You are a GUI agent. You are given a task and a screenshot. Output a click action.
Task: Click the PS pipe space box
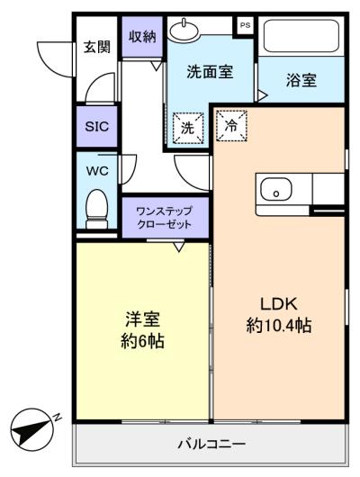245,25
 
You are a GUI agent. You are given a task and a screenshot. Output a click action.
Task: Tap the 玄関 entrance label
97,47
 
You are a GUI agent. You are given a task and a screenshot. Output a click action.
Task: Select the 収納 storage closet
142,37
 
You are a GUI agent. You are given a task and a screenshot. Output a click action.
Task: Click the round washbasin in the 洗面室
184,31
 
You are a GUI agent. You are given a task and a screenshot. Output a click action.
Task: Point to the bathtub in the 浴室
301,36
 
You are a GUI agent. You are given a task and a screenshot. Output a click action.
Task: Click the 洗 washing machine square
188,128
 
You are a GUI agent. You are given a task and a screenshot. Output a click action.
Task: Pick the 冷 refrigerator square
231,126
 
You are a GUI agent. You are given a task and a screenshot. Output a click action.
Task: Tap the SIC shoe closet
97,126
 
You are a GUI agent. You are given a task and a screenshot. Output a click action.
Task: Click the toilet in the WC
97,209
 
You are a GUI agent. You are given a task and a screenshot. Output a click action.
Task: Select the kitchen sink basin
276,189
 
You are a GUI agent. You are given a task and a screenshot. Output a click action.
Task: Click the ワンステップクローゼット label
165,218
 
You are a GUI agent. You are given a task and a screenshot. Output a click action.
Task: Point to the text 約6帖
142,341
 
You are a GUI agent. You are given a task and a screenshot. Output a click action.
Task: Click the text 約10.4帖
279,325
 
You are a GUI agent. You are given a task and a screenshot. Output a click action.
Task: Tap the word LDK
279,304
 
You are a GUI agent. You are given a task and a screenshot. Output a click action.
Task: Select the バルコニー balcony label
211,444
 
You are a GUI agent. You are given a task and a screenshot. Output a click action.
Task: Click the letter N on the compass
57,417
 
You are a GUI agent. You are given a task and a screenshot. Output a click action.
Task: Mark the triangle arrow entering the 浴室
262,95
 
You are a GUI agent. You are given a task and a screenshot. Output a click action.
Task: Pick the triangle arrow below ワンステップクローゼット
179,247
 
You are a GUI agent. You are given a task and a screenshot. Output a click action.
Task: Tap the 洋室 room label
143,319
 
